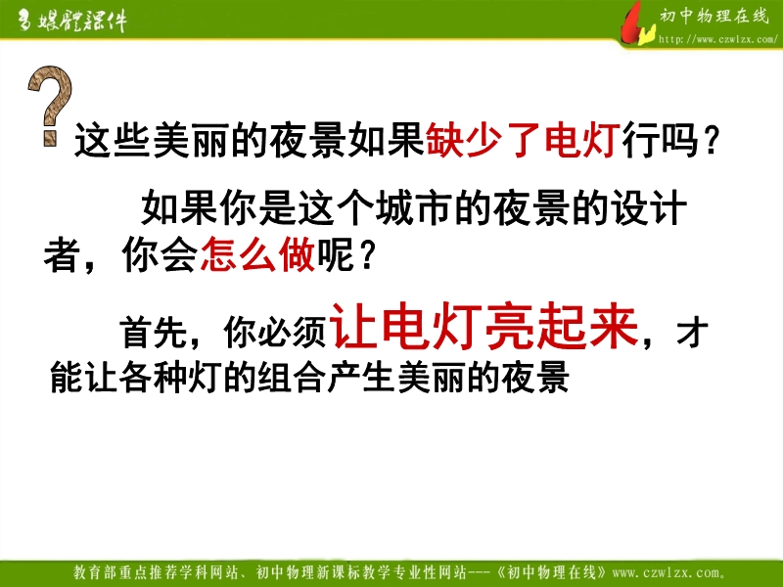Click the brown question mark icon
(x=50, y=106)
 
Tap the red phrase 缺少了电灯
(x=523, y=140)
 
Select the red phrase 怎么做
(x=257, y=254)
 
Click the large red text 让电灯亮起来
(x=484, y=326)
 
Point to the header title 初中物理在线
(x=714, y=16)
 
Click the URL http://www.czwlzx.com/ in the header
(x=717, y=39)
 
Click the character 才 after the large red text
(x=693, y=332)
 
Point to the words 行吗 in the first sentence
(x=660, y=140)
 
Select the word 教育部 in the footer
(x=96, y=572)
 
